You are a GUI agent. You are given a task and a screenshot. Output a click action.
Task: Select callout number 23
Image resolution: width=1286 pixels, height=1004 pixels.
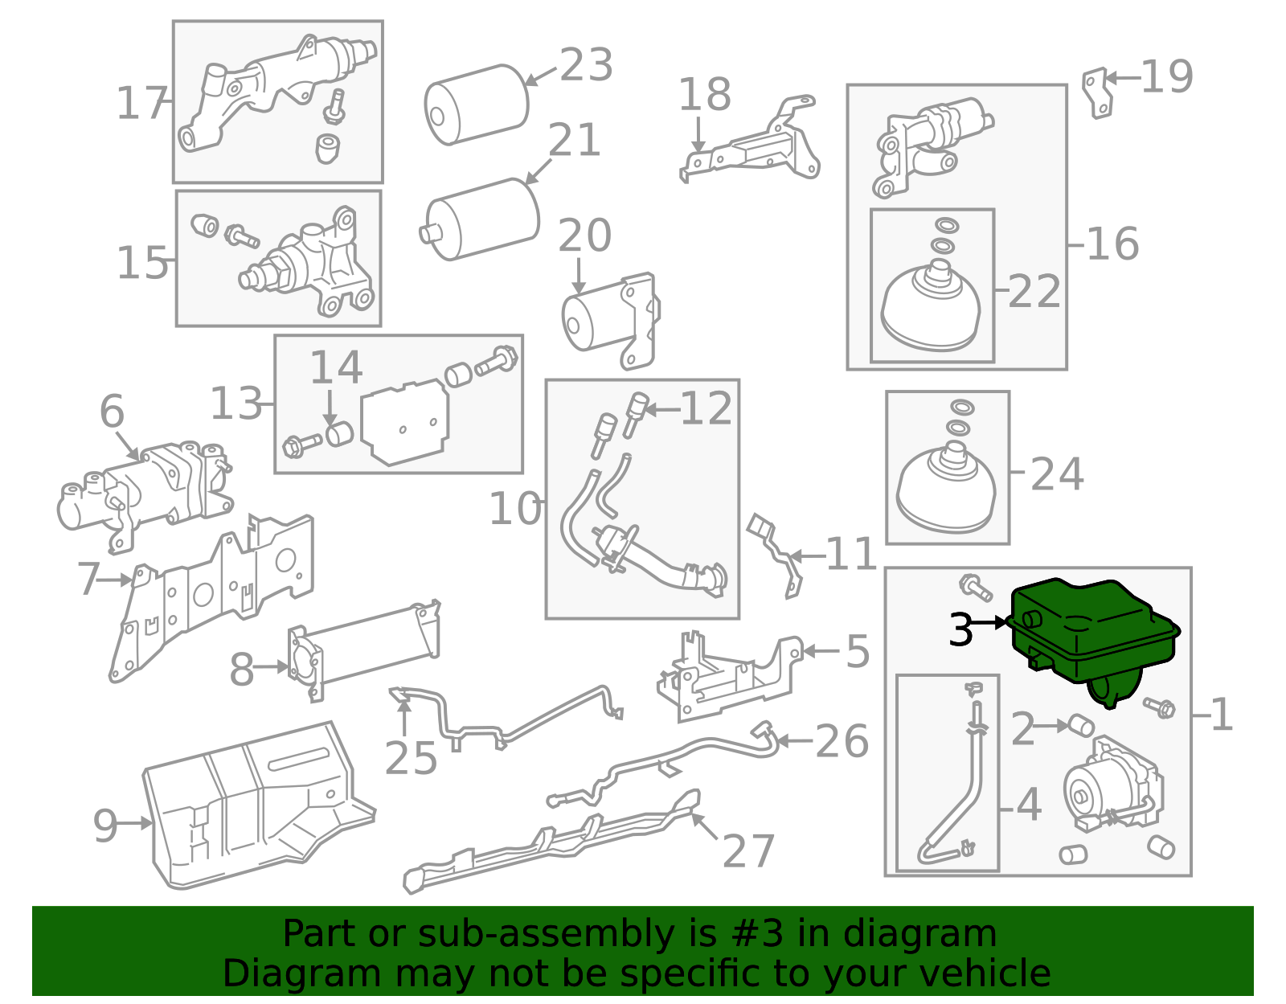click(586, 65)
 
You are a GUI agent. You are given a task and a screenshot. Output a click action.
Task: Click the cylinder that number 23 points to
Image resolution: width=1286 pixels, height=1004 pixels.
click(477, 104)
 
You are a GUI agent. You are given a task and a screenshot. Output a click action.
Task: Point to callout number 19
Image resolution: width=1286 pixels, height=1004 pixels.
click(1166, 77)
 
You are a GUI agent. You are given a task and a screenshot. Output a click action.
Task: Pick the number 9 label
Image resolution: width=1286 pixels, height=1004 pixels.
click(105, 826)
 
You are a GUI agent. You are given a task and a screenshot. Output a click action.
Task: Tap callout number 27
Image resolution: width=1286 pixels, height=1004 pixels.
click(748, 850)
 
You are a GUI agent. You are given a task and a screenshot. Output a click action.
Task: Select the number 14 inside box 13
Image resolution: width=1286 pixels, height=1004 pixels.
click(335, 367)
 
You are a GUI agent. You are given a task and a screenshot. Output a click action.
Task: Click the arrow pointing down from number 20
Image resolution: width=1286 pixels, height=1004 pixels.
click(578, 275)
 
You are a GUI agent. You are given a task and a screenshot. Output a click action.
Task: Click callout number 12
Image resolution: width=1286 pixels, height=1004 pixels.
click(706, 408)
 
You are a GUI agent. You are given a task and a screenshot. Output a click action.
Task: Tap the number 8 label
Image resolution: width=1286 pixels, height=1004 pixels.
click(241, 670)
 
